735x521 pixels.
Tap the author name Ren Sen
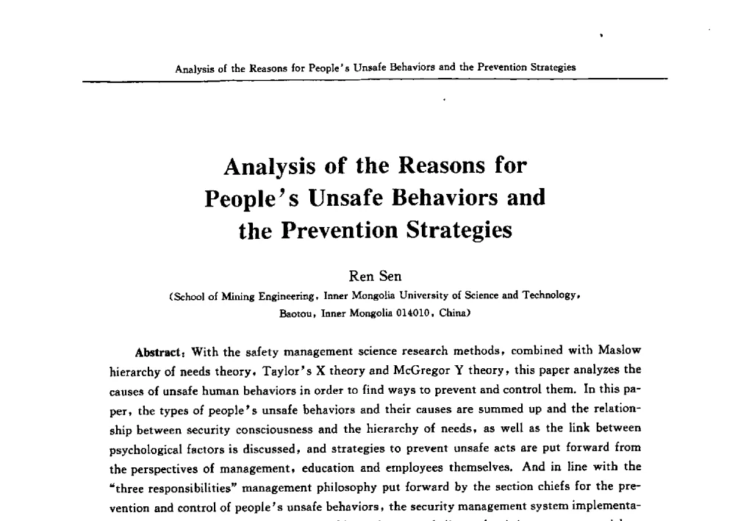pos(375,277)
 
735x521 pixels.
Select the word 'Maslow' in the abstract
pos(619,351)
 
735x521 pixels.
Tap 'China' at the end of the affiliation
pos(453,312)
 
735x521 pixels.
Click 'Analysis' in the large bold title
pos(271,165)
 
